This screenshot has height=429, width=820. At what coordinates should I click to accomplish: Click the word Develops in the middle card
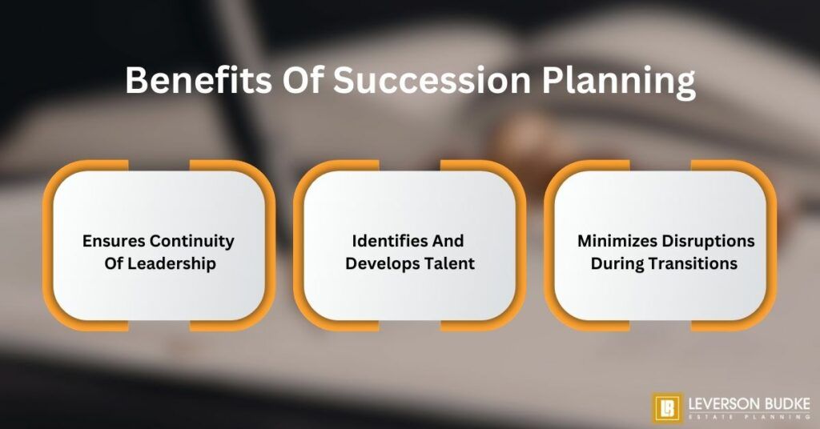[x=380, y=263]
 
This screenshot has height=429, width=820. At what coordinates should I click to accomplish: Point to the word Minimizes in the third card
[x=613, y=241]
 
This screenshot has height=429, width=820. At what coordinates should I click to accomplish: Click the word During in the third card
[x=617, y=263]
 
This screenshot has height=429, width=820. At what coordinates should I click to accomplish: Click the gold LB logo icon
[x=666, y=407]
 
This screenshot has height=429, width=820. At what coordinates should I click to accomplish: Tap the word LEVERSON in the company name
[x=719, y=402]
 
